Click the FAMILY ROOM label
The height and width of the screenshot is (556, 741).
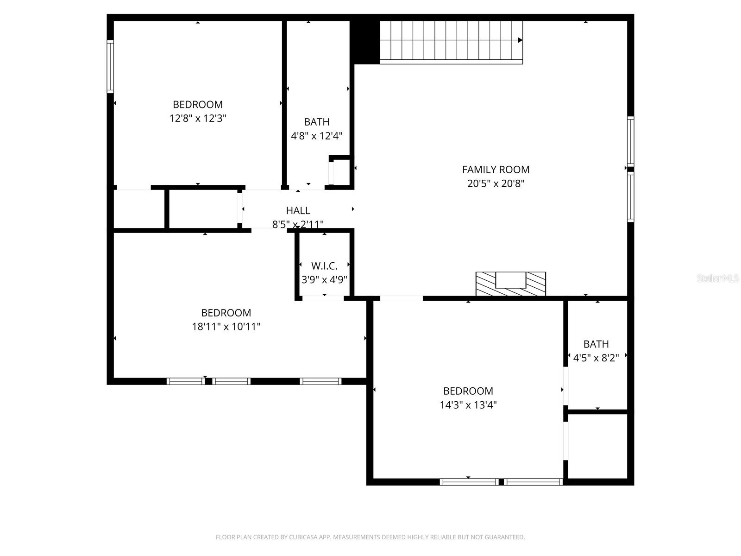click(x=496, y=170)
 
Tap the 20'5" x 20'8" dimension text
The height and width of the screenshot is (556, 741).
click(x=496, y=183)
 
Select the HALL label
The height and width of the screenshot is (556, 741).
click(x=298, y=211)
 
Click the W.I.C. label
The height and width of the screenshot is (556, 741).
click(x=324, y=266)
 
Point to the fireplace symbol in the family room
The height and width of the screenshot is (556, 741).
click(x=511, y=284)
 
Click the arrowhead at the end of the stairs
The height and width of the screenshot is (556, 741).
click(x=520, y=40)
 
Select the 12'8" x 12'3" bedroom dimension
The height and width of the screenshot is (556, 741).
click(x=198, y=119)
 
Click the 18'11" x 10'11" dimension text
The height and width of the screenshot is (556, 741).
click(x=226, y=327)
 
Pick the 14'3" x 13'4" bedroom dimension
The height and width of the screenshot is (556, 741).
click(x=468, y=405)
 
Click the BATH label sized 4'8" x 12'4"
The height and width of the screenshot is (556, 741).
click(x=317, y=122)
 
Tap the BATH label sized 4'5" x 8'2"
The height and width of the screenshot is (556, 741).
click(x=596, y=344)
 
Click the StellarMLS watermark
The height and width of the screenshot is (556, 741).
click(x=717, y=278)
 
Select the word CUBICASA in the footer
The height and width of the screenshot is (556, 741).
click(x=304, y=537)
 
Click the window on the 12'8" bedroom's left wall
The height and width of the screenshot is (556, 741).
click(x=110, y=67)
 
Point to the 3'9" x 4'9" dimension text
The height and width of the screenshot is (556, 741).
click(x=324, y=280)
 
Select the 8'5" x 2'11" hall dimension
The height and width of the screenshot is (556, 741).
click(x=298, y=225)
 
